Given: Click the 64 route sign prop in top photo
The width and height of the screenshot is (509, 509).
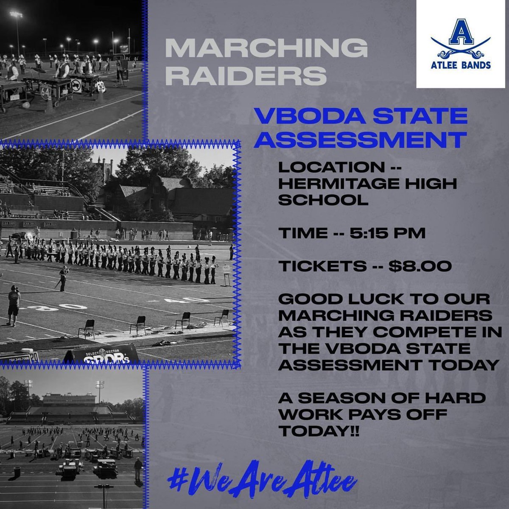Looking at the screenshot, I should point(45,90).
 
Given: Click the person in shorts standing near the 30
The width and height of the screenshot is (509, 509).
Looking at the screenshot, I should point(14,305).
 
